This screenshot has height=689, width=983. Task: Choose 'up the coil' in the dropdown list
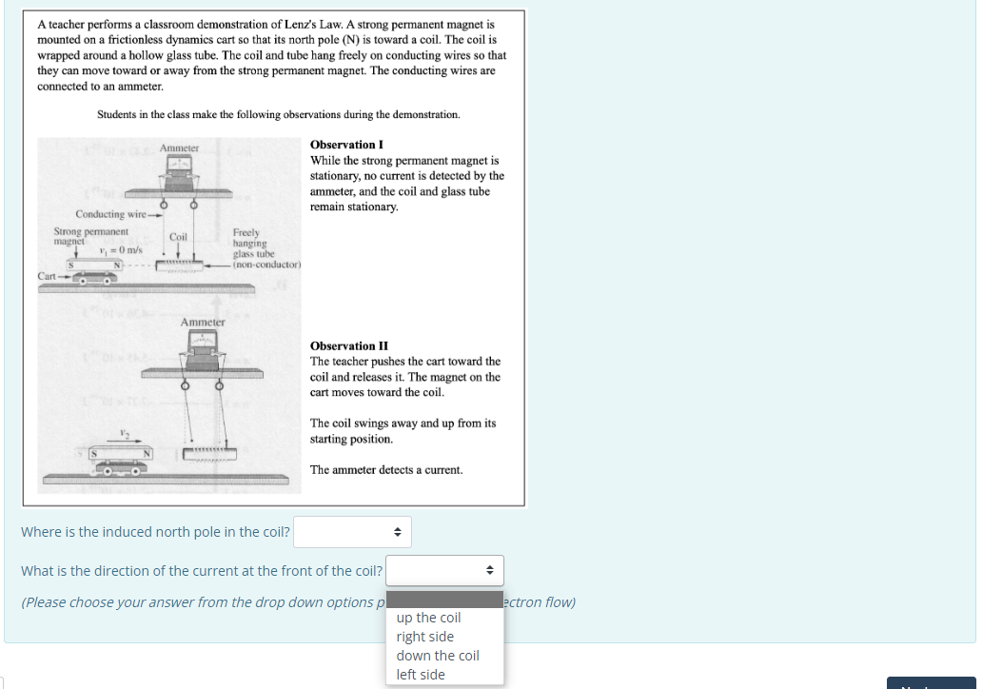[428, 618]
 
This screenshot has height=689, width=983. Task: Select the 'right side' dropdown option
[425, 637]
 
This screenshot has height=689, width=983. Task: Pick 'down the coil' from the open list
[438, 656]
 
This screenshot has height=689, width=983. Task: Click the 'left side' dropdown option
[421, 675]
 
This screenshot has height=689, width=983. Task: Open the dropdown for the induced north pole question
[352, 532]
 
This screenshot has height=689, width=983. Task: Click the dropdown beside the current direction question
[444, 571]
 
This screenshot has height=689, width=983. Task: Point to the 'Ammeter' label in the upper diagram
[179, 148]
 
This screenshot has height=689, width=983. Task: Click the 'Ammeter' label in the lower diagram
[203, 322]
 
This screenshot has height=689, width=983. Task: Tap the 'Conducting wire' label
[110, 213]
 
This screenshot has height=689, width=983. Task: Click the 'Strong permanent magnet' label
[90, 236]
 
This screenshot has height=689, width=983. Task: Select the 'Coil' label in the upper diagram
[178, 236]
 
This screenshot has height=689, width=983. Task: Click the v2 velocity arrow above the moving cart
[124, 441]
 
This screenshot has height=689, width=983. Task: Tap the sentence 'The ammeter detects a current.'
[386, 470]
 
